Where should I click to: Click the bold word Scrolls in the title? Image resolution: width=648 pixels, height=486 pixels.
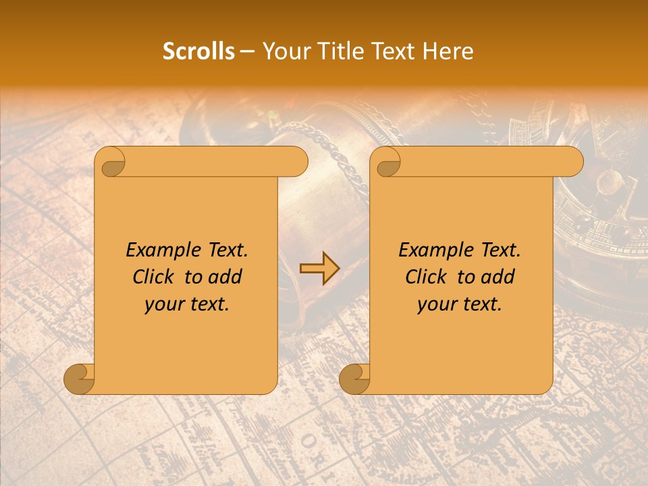pyautogui.click(x=198, y=51)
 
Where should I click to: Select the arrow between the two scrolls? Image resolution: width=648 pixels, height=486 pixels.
pyautogui.click(x=319, y=269)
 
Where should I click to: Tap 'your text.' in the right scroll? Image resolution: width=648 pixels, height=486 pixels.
pyautogui.click(x=460, y=304)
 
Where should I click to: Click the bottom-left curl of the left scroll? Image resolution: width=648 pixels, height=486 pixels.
pyautogui.click(x=80, y=379)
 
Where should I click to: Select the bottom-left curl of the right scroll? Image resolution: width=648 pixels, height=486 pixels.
pyautogui.click(x=355, y=379)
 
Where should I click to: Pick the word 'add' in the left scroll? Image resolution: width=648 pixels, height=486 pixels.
pyautogui.click(x=225, y=277)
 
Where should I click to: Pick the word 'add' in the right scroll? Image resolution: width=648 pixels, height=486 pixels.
pyautogui.click(x=498, y=277)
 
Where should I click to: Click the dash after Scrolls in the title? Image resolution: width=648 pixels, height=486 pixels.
pyautogui.click(x=248, y=51)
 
